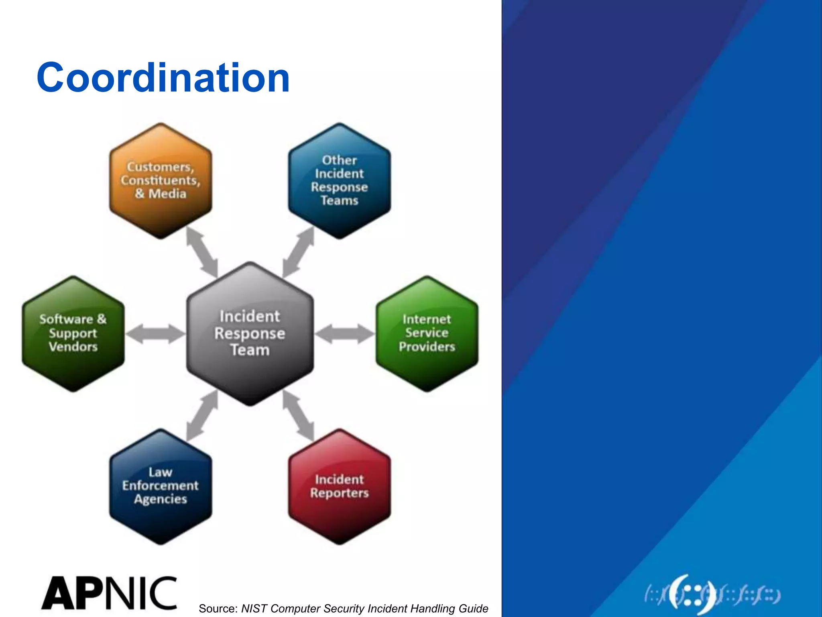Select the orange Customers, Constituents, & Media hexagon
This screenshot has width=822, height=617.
coord(161,181)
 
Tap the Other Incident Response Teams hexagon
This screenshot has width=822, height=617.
coord(339,181)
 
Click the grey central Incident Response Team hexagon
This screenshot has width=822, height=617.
coord(250,333)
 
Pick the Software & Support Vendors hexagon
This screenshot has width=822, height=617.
coord(73,333)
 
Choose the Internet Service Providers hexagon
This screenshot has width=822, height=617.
coord(427,333)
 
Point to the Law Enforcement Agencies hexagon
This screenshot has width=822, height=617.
coord(161,486)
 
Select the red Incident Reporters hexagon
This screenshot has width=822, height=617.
coord(339,486)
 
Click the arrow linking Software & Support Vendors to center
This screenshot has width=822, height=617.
coord(155,334)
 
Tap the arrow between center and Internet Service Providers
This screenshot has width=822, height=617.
coord(344,334)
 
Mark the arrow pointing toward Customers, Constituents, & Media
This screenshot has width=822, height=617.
coord(202,252)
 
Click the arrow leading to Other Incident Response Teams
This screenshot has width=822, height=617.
coord(298,252)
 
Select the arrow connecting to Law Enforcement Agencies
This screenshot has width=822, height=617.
coord(202,416)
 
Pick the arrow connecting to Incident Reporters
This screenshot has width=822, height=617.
coord(298,416)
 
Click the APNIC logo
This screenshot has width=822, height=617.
coord(109,593)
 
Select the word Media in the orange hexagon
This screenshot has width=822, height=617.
coord(167,194)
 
